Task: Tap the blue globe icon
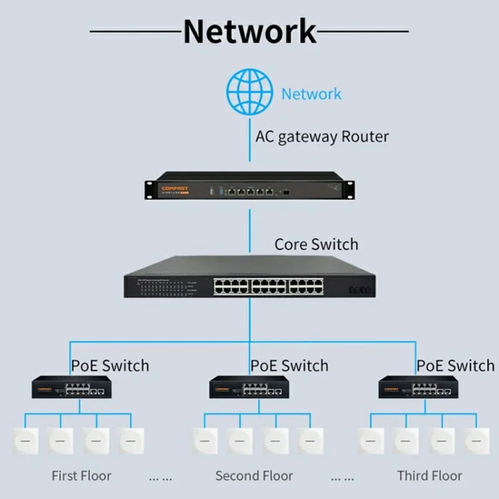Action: pos(249,92)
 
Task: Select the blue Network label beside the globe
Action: pos(311,94)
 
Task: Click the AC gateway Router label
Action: pos(322,137)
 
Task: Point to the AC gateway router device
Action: pos(249,187)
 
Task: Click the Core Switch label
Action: pos(316,244)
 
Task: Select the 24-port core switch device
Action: pos(249,278)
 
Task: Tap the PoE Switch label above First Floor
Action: pos(110,365)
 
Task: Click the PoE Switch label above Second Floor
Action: pos(289,365)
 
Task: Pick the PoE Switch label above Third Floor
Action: pos(455,365)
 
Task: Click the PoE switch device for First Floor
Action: pos(72,388)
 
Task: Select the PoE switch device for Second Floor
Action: pos(249,388)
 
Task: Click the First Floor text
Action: pos(81,476)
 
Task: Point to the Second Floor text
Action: pos(254,476)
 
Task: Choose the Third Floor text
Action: pos(430,476)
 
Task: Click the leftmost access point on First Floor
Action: pos(25,440)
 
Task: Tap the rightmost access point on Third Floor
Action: pos(477,440)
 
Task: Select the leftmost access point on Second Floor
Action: pos(204,440)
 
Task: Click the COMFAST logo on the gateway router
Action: pos(175,187)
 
